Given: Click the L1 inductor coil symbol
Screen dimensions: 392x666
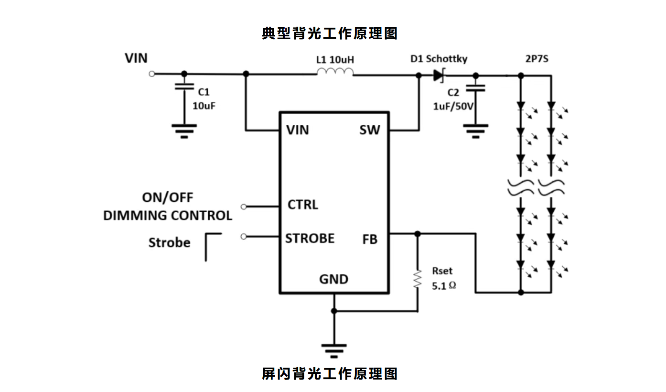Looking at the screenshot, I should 335,72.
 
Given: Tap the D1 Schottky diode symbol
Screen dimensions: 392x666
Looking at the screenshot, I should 438,75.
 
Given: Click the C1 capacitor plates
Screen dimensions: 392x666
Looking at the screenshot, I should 184,87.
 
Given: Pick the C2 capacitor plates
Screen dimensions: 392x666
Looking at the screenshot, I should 475,88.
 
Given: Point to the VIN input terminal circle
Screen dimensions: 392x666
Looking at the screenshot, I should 152,74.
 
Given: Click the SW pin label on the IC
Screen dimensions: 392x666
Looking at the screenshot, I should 370,130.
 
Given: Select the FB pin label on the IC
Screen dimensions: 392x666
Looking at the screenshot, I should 370,240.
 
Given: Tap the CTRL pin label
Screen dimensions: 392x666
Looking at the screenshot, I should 303,205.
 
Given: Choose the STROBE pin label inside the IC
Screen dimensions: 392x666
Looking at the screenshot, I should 310,238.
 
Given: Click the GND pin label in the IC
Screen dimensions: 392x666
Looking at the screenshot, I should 333,279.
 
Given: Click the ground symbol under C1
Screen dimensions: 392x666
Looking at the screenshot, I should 184,131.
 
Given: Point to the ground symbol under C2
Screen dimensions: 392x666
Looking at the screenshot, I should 475,131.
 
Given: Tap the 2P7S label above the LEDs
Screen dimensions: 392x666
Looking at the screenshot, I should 537,60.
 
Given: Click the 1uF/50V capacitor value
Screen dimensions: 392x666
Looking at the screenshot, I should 453,106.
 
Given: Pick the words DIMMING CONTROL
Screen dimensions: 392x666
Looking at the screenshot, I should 168,216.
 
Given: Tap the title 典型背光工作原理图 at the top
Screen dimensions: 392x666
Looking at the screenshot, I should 330,33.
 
